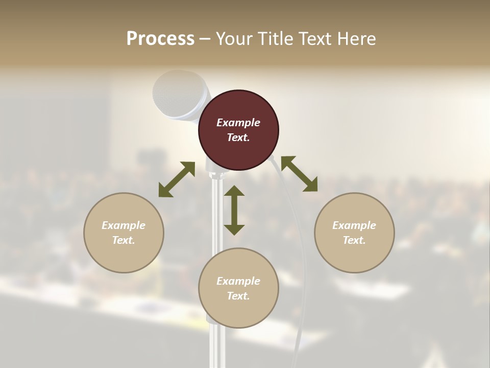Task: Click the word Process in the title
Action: click(x=160, y=39)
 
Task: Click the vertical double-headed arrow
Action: click(x=234, y=210)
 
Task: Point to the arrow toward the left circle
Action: click(x=177, y=179)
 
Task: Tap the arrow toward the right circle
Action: click(x=300, y=174)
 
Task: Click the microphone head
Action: click(x=179, y=95)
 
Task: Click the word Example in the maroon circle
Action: click(x=238, y=123)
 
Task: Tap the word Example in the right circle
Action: click(x=354, y=225)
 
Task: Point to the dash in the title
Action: click(x=205, y=39)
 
